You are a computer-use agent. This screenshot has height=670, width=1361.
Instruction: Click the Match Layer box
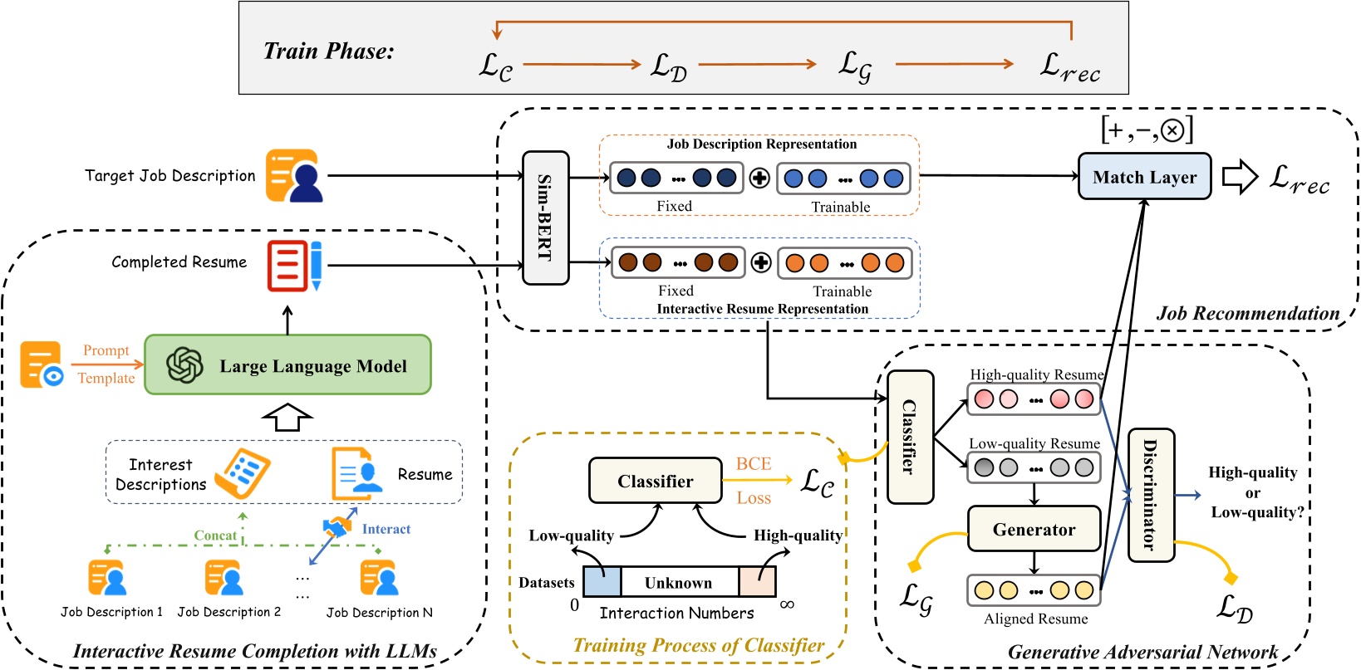tap(1144, 177)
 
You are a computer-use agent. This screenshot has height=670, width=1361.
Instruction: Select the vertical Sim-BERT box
tap(545, 218)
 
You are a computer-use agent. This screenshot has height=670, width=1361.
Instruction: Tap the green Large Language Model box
tap(287, 365)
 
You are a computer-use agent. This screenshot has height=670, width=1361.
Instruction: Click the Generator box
tap(1034, 530)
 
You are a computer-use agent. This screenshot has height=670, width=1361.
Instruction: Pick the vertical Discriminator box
tap(1151, 495)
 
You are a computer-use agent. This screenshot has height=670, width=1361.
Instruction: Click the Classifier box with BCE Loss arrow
tap(655, 481)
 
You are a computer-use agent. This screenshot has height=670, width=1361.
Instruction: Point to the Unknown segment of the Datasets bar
tap(679, 583)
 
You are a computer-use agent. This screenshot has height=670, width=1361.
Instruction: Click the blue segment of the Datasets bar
tap(602, 582)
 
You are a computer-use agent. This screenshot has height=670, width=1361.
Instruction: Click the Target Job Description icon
tap(294, 176)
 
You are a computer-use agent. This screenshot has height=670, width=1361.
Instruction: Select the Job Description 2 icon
tap(224, 578)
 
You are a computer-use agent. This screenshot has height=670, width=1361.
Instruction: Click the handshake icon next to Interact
tap(337, 527)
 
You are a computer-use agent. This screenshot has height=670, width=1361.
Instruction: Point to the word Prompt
tap(106, 350)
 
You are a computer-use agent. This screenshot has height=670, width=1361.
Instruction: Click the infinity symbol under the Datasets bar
tap(787, 604)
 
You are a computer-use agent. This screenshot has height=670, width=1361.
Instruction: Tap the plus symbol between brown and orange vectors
tap(761, 263)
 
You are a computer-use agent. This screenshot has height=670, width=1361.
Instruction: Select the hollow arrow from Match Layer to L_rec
tap(1240, 177)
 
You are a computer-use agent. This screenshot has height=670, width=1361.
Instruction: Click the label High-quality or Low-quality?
tap(1253, 492)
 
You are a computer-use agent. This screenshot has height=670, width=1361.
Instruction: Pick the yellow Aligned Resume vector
tap(1034, 590)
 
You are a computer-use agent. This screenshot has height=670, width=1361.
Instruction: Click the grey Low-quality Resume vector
tap(1034, 468)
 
